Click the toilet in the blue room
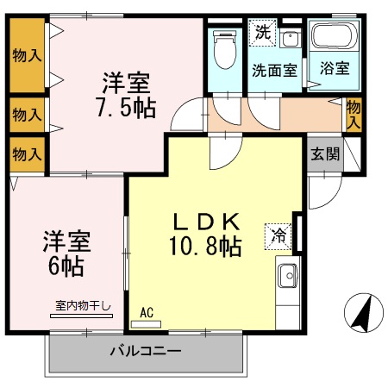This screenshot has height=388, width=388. pos(225,49)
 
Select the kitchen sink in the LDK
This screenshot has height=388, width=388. pos(287,276)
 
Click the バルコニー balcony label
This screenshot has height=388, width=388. pos(144,351)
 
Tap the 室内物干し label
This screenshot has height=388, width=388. pos(84,304)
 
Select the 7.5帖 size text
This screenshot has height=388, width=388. pos(125,109)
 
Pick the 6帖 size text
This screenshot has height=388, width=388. pos(66,266)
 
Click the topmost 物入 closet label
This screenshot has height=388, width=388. pos(27,56)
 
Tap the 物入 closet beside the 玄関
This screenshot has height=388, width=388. pos(354,115)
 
